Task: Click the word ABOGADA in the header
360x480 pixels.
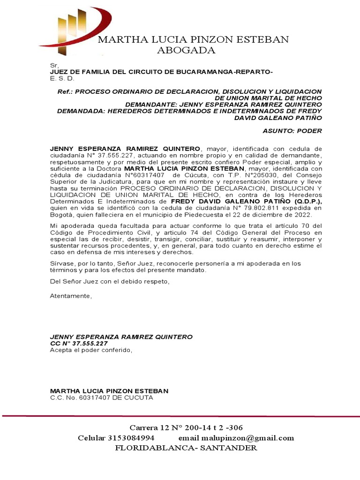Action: coord(186,51)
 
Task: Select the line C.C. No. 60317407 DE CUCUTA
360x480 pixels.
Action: coord(102,397)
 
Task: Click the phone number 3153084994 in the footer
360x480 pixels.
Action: coord(131,438)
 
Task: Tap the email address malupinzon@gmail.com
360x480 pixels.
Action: coord(248,438)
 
